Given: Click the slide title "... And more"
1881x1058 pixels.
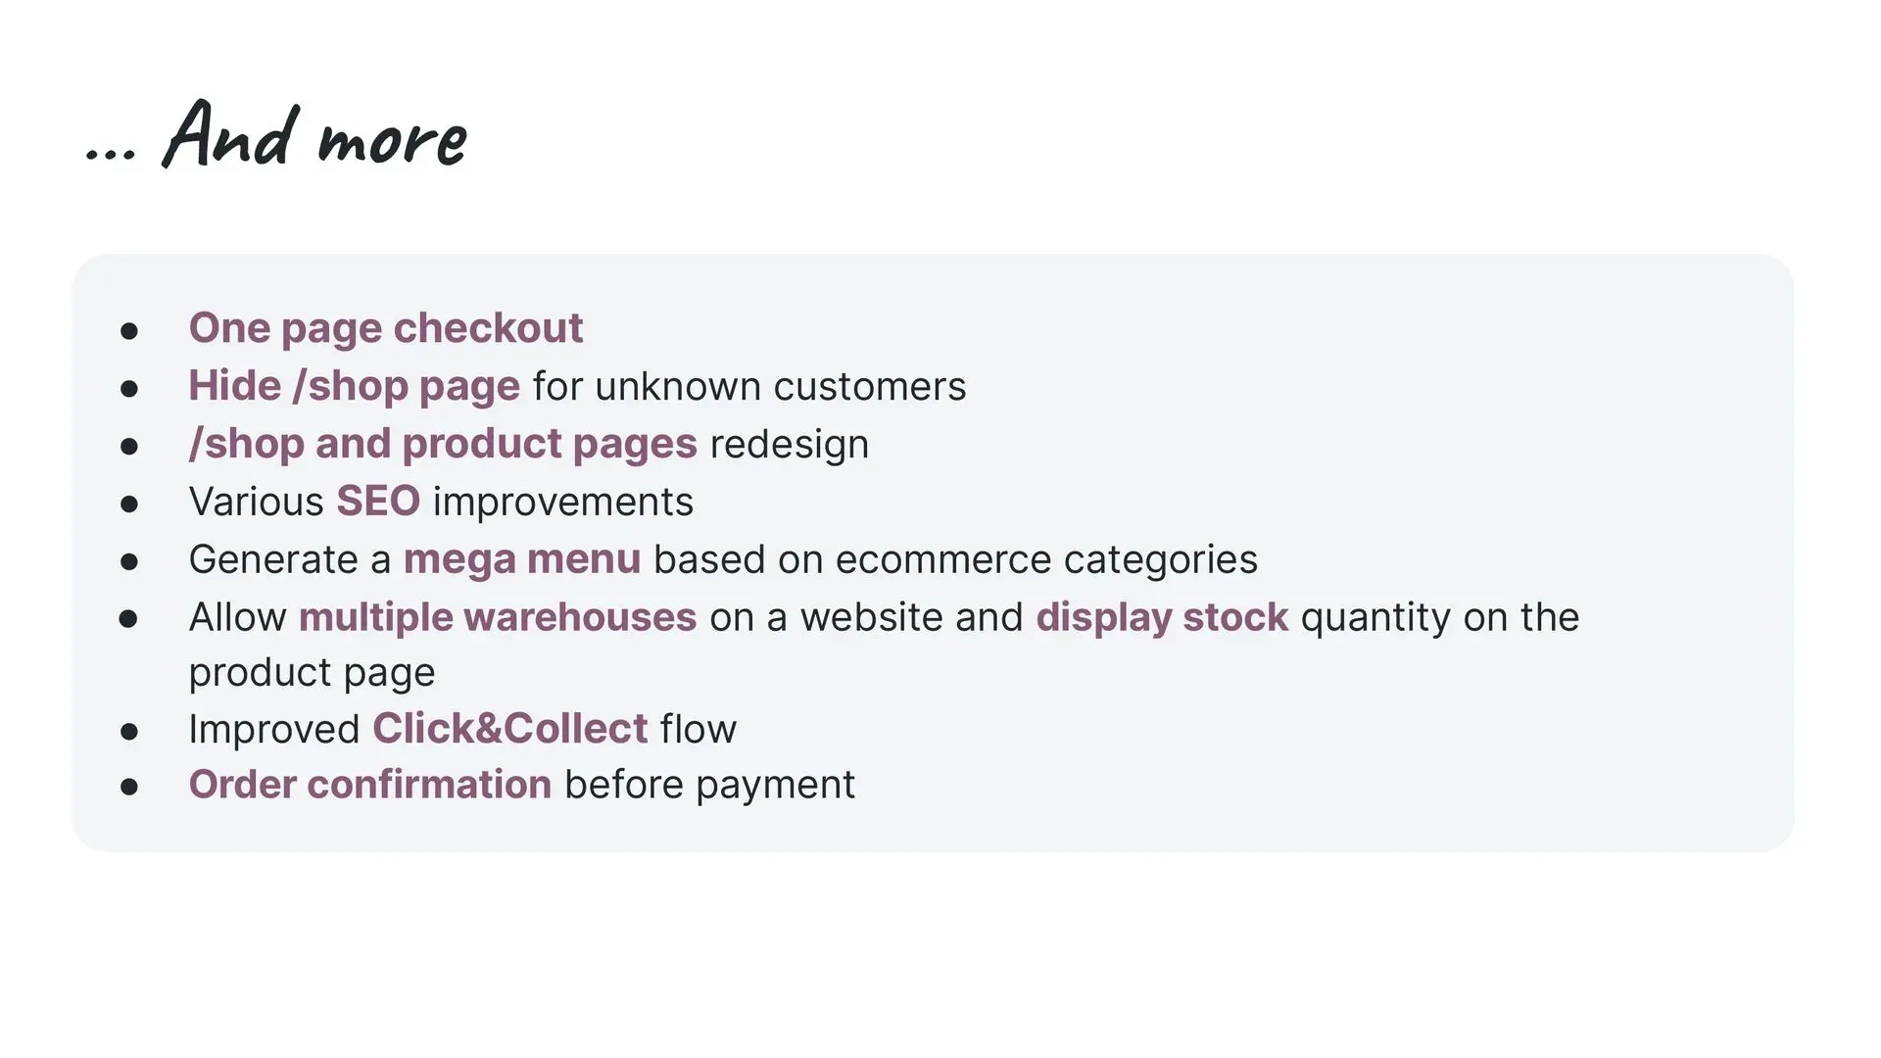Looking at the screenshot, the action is click(x=276, y=135).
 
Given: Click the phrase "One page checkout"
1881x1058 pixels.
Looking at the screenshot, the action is click(x=386, y=329).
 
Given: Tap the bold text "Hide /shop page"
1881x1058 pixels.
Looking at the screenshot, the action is click(x=355, y=387).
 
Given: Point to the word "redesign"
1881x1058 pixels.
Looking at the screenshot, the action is click(x=790, y=445).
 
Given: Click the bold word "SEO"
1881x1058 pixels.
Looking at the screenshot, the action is click(x=378, y=502).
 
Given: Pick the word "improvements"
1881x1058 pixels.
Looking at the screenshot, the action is click(x=563, y=503).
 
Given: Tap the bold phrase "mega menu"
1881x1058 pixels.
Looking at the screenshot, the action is click(x=522, y=560).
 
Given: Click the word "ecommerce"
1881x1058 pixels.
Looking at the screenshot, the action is click(x=943, y=560).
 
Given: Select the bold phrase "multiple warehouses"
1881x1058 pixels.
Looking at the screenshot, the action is click(x=498, y=617).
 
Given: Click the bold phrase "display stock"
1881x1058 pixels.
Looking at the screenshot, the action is click(x=1162, y=617).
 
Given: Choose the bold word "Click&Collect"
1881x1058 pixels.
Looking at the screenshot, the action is click(x=510, y=729).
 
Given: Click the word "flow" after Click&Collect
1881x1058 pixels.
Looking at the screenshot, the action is click(x=699, y=729).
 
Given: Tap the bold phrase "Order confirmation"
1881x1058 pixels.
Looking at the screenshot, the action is click(x=370, y=785).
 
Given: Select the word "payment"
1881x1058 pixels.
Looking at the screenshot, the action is click(x=776, y=786).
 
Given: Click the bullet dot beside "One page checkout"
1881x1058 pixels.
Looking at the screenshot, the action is click(x=129, y=331).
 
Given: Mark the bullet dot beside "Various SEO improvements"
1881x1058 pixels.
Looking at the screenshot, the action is click(x=129, y=505).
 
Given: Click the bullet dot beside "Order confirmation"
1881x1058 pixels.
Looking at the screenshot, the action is click(x=129, y=787).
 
